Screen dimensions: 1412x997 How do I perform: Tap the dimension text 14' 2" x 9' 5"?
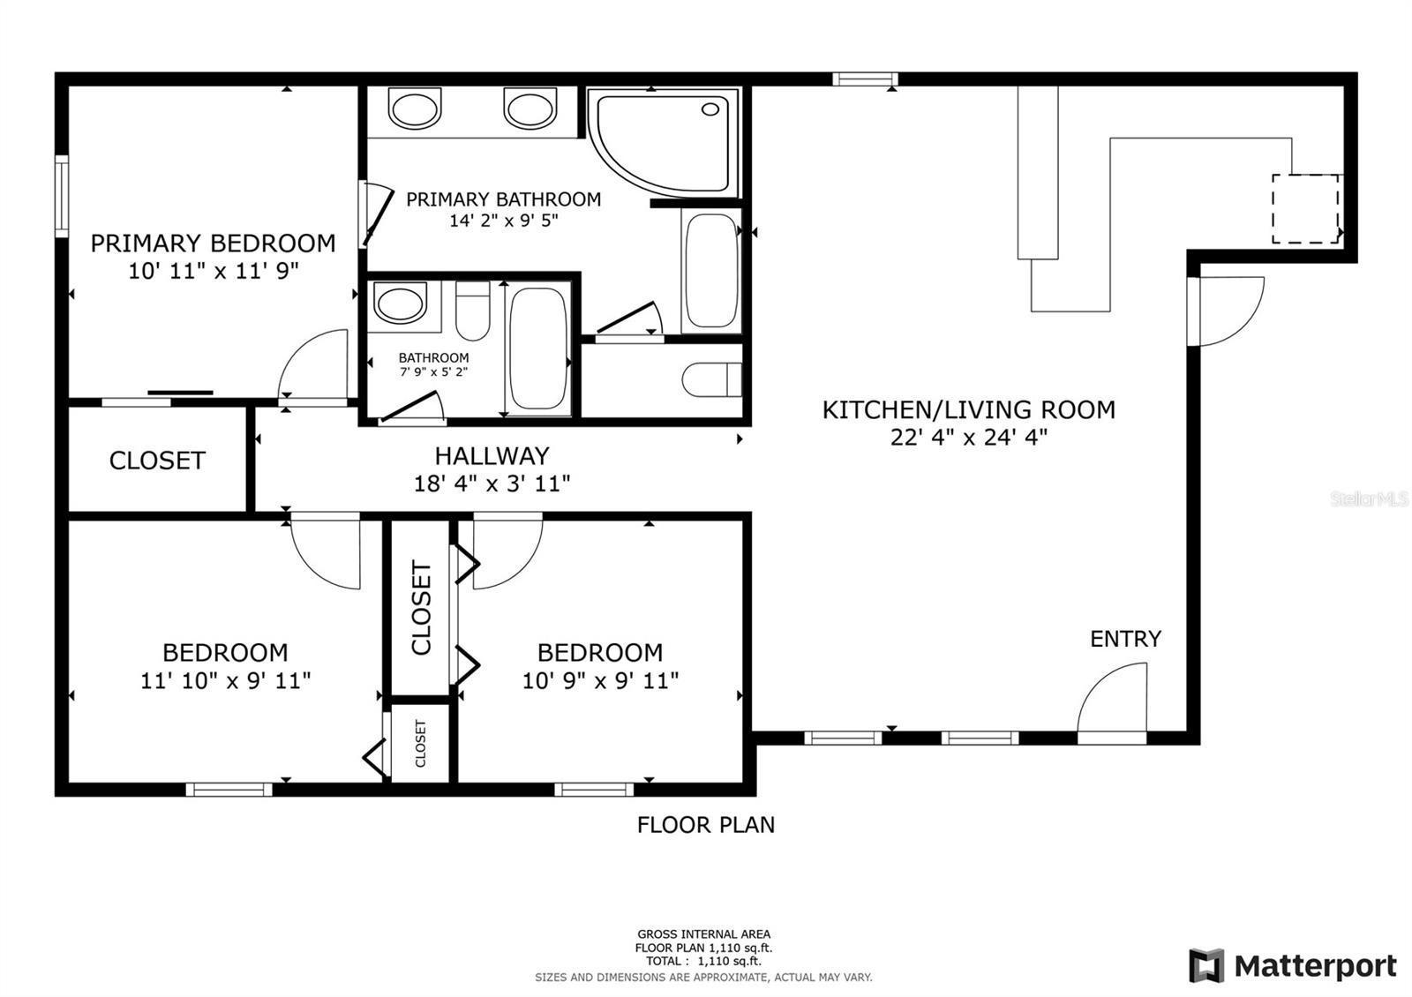[x=504, y=221]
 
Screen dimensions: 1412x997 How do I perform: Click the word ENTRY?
[x=1126, y=639]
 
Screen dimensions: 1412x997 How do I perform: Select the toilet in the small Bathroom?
[x=473, y=311]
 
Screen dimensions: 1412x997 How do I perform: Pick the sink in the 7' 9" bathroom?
[x=401, y=302]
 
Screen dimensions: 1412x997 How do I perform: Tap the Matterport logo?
[x=1293, y=965]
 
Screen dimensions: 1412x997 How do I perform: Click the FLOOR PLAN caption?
[x=706, y=825]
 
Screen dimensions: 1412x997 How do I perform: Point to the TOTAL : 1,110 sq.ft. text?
[x=703, y=961]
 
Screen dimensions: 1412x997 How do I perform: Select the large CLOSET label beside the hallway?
[x=157, y=460]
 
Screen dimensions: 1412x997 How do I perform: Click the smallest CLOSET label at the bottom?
[x=420, y=744]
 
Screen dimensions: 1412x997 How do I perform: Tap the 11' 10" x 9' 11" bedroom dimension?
[x=225, y=680]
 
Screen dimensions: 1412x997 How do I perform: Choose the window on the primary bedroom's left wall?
[x=62, y=196]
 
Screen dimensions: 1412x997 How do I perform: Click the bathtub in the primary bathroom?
[x=711, y=271]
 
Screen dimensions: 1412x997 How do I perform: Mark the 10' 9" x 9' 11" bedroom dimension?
[x=601, y=680]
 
